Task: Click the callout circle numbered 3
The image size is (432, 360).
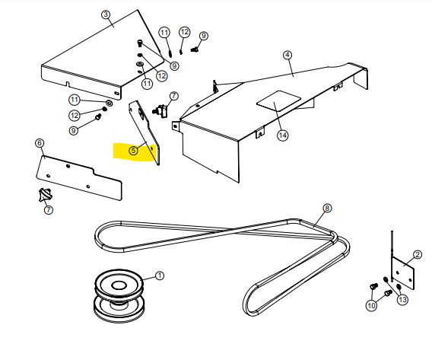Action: coord(106,14)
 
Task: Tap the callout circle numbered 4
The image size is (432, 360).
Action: coord(287,55)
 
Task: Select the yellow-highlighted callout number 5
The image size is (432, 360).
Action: coord(133,151)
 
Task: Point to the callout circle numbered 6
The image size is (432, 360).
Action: coord(40,143)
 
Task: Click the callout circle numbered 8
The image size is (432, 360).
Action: coord(327,208)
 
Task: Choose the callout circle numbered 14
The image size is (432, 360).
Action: coord(283,135)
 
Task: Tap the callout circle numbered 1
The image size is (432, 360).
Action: coord(160,276)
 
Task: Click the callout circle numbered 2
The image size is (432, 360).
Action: coord(418,254)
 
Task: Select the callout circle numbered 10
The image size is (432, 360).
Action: coord(372,305)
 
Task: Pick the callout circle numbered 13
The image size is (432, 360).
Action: coord(402,299)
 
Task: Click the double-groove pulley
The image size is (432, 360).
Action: coord(119,295)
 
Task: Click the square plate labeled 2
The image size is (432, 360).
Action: coord(403,273)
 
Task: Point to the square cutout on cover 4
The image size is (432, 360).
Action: coord(278,101)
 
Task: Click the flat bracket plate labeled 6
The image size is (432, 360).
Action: coord(79,177)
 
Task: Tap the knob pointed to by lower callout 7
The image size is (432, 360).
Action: coord(45,195)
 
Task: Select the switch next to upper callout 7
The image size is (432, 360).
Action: coord(160,111)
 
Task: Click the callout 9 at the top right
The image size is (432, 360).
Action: coord(204,36)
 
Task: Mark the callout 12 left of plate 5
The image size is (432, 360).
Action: coord(75,115)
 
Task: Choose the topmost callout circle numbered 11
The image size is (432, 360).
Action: coord(164,33)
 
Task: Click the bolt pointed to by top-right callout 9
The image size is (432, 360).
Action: coord(195,49)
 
